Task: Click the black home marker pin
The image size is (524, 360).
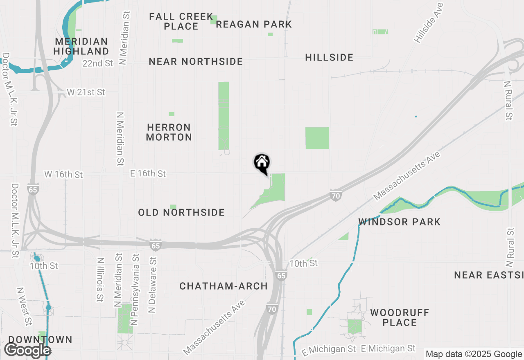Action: pos(262,163)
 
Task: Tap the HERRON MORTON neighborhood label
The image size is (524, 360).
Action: pos(169,132)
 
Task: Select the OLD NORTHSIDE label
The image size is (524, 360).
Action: pos(181,212)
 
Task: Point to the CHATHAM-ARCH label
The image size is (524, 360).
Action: pos(224,286)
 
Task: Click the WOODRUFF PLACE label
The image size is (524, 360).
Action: pos(400,317)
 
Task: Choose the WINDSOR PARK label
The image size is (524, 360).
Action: pos(399,222)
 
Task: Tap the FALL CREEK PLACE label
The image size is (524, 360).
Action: pos(181,21)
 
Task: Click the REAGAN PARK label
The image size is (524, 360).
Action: pos(254,24)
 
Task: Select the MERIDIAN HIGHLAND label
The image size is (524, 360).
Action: pos(81,46)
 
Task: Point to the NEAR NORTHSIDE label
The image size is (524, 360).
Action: pos(196,61)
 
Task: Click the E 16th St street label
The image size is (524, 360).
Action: pos(148,173)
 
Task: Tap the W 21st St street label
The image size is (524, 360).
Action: pos(86,92)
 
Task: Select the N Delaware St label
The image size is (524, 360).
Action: pos(152,285)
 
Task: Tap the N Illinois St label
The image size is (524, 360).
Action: pos(100,280)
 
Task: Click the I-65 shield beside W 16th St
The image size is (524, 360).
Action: pos(33,189)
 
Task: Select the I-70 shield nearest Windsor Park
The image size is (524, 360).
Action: pos(336,196)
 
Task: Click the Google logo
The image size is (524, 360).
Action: pos(27,350)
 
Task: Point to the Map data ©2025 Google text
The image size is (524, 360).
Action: pos(473,354)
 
